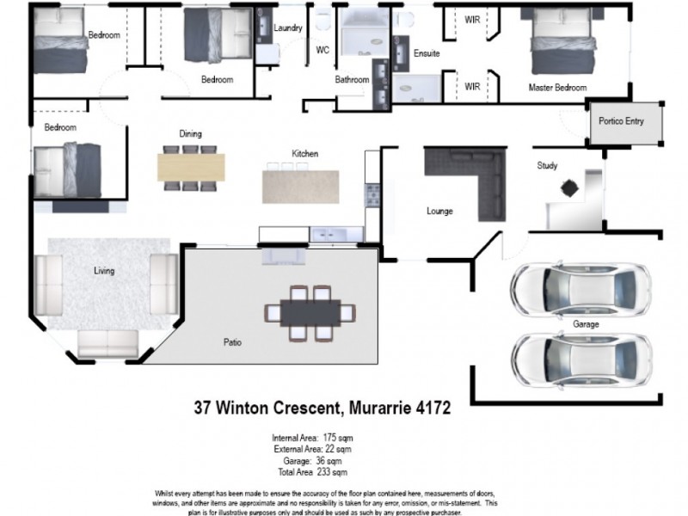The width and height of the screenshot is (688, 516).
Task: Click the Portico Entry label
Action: coord(622,121)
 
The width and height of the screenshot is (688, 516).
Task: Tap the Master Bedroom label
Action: coord(557,88)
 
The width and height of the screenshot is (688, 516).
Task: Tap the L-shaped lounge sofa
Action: coord(469,176)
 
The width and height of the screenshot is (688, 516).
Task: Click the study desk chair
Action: coord(568,187)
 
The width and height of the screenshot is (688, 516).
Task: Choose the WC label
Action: coord(322,50)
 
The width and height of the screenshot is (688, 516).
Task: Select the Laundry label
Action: coord(288,28)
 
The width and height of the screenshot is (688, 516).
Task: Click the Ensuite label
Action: coord(427,53)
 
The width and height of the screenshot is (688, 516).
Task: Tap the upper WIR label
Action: coord(472,18)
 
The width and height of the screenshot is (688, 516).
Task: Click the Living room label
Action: coord(104,271)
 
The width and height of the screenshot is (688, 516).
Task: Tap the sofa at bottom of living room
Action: coord(108,343)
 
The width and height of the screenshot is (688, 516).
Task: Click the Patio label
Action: coord(232,342)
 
